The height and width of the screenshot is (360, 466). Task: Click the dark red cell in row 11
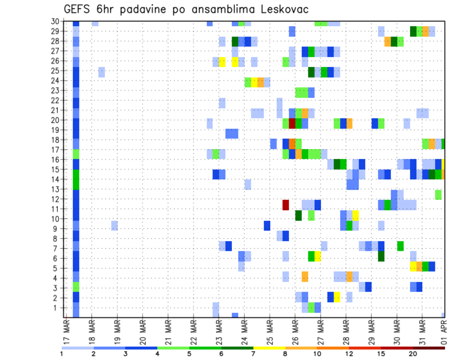(x=286, y=204)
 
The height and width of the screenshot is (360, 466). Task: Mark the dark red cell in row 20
(x=292, y=123)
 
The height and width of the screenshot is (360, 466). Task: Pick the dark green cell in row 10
(x=299, y=214)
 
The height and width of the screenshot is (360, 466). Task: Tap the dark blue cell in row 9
(x=267, y=226)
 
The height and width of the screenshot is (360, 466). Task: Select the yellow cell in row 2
(x=337, y=297)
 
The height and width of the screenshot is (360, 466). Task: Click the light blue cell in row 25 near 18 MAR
(x=101, y=72)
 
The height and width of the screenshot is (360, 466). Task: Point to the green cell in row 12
(x=438, y=195)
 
